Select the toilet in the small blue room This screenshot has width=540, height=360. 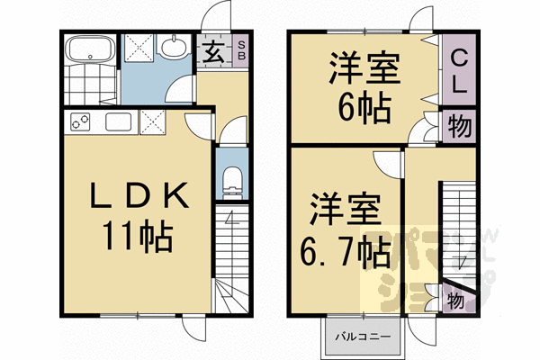(x=231, y=180)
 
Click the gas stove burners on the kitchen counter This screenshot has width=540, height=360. (x=78, y=121)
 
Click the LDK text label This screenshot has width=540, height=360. (x=138, y=196)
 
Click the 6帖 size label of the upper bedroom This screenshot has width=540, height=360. (x=364, y=108)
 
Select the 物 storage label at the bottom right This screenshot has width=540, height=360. (x=455, y=300)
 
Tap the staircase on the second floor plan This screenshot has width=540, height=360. (x=456, y=225)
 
